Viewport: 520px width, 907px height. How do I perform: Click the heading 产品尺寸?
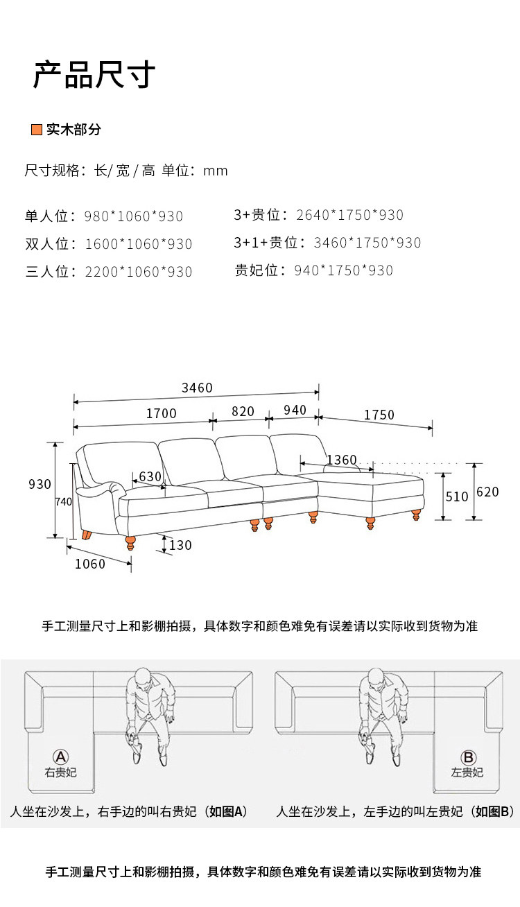point(94,75)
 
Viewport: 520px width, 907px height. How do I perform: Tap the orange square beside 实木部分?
point(37,130)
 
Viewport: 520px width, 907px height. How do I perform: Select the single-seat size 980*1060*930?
point(133,216)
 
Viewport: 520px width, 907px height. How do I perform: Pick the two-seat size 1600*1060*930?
point(138,244)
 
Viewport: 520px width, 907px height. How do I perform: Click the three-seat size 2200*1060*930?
point(138,272)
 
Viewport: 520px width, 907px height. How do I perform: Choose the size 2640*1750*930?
point(349,215)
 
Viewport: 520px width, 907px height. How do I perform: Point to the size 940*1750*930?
point(343,270)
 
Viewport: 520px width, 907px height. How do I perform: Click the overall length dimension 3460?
point(197,388)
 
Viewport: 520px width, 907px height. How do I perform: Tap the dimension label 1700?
point(161,414)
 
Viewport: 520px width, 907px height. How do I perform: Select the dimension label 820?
point(243,412)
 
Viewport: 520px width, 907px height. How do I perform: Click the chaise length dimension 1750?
point(379,415)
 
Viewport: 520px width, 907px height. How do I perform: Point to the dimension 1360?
point(341,460)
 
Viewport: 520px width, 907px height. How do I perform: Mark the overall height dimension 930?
point(40,485)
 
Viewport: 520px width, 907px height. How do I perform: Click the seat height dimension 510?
point(457,496)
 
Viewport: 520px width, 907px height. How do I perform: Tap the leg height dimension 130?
point(180,545)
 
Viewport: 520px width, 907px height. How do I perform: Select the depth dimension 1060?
point(90,564)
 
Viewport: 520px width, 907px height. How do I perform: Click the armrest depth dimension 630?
point(150,476)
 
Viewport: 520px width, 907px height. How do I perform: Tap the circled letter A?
point(61,757)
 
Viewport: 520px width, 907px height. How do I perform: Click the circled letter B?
point(468,757)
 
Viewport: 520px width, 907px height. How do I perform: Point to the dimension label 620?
point(487,492)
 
